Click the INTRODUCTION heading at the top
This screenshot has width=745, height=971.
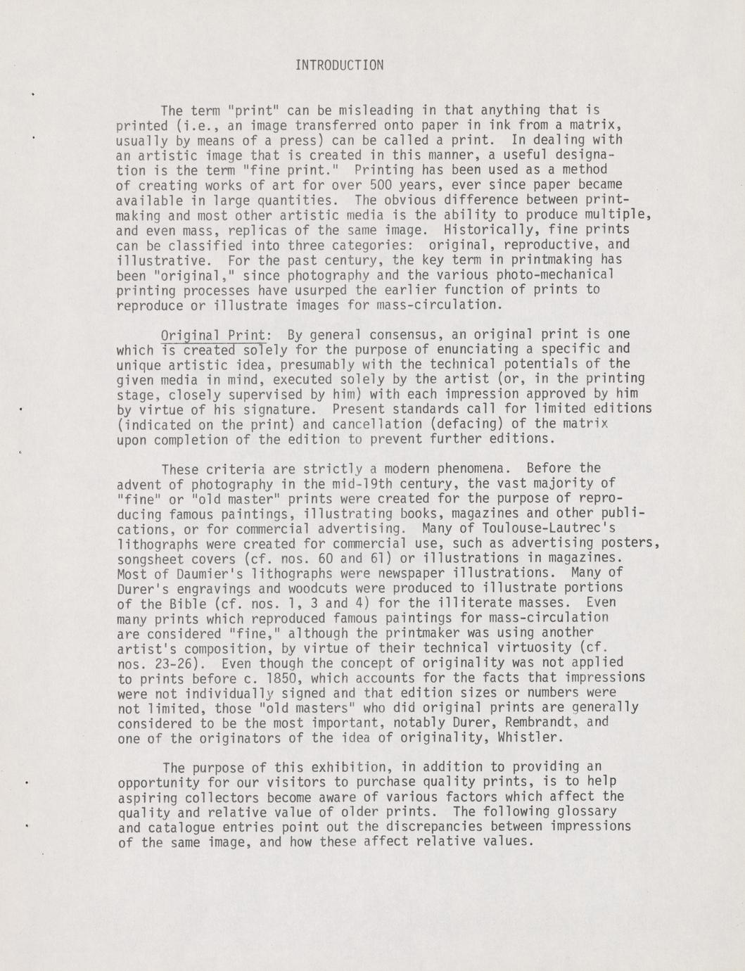(x=339, y=65)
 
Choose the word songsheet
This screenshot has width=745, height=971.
(x=150, y=558)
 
